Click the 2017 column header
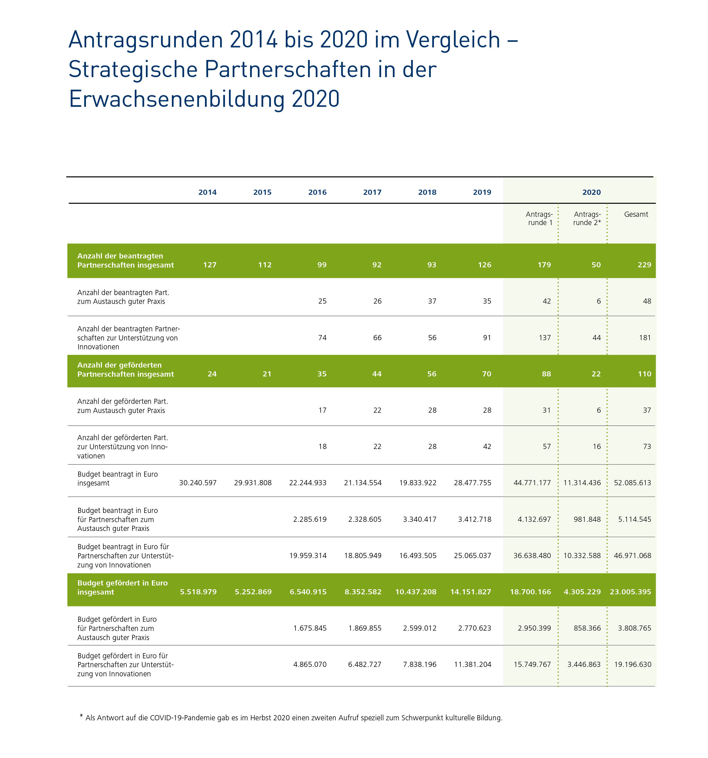pos(372,192)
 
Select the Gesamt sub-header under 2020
pos(635,214)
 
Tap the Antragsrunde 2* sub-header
pos(587,218)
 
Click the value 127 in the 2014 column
pos(210,264)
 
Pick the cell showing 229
pos(644,264)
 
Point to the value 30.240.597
pos(198,483)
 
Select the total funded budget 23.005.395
pos(630,592)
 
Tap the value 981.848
pos(587,519)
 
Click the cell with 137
pos(544,337)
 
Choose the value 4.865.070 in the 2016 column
pos(310,664)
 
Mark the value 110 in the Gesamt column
pos(644,374)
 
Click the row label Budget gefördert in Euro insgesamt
pos(122,587)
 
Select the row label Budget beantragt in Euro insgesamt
pos(117,478)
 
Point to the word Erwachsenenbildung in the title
pos(177,99)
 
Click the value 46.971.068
pos(632,556)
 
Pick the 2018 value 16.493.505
pos(418,556)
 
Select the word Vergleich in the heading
pos(453,40)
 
